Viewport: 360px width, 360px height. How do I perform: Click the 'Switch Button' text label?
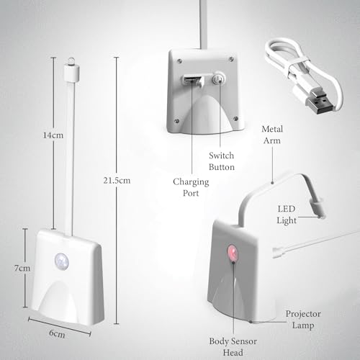pyautogui.click(x=221, y=161)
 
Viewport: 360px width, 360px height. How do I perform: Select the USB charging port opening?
pyautogui.click(x=189, y=81)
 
